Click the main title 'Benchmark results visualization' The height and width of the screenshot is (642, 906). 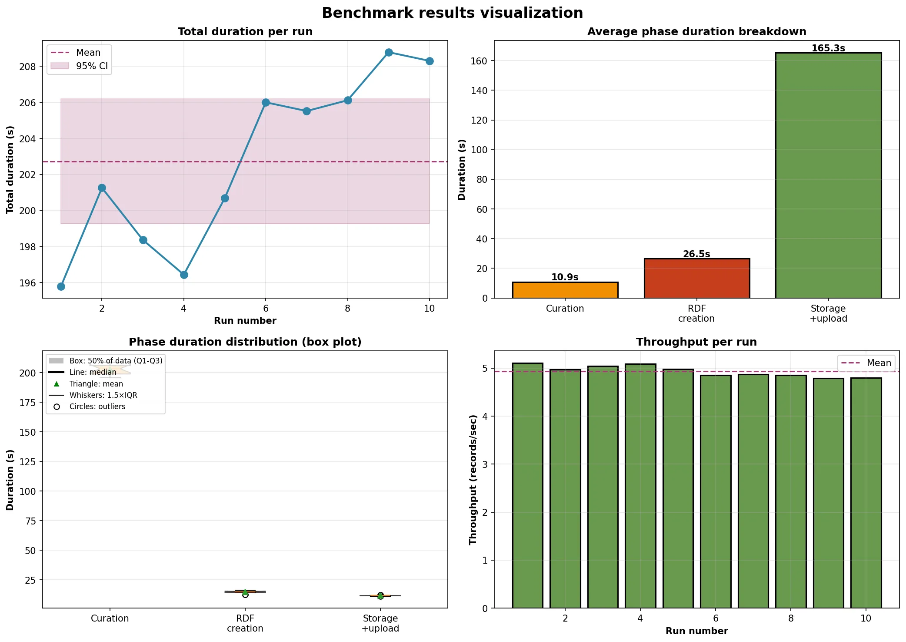452,13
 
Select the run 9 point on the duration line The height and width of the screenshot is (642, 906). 389,52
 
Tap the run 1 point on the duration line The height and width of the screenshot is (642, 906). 61,286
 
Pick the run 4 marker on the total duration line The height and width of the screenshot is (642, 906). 184,275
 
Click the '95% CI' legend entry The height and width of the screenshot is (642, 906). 92,66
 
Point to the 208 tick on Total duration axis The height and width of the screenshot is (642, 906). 28,67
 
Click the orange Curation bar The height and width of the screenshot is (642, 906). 565,290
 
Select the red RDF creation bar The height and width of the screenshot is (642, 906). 696,279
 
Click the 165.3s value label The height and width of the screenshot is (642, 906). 828,48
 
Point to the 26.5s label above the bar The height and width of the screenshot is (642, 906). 696,254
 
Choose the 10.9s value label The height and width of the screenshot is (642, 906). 565,277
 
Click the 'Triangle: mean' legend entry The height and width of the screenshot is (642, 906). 96,384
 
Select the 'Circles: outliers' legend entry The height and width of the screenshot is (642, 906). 97,407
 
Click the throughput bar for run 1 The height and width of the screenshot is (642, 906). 527,485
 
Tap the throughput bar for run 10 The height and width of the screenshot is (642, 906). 866,493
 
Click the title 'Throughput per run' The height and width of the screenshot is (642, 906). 696,342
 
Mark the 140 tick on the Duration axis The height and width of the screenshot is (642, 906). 479,91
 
